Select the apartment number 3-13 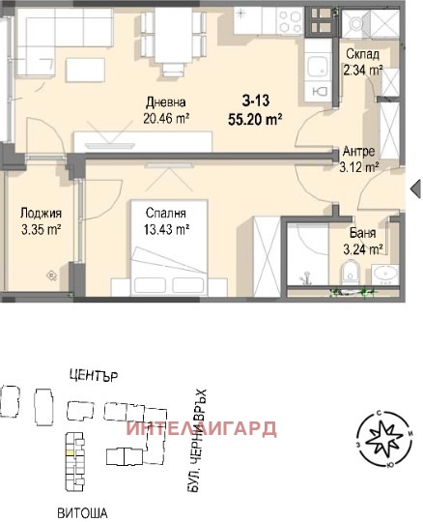pos(255,100)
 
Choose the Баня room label pos(364,233)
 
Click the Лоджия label pos(41,214)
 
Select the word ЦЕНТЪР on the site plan pos(94,375)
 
